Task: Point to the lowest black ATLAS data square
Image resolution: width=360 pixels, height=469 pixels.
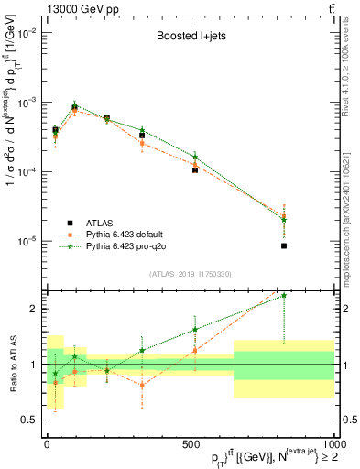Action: pyautogui.click(x=284, y=245)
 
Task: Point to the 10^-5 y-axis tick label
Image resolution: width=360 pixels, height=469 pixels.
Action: pyautogui.click(x=27, y=241)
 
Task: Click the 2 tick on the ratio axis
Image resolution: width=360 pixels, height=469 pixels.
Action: pyautogui.click(x=34, y=309)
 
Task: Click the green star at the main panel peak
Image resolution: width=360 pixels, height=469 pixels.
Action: pyautogui.click(x=76, y=105)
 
